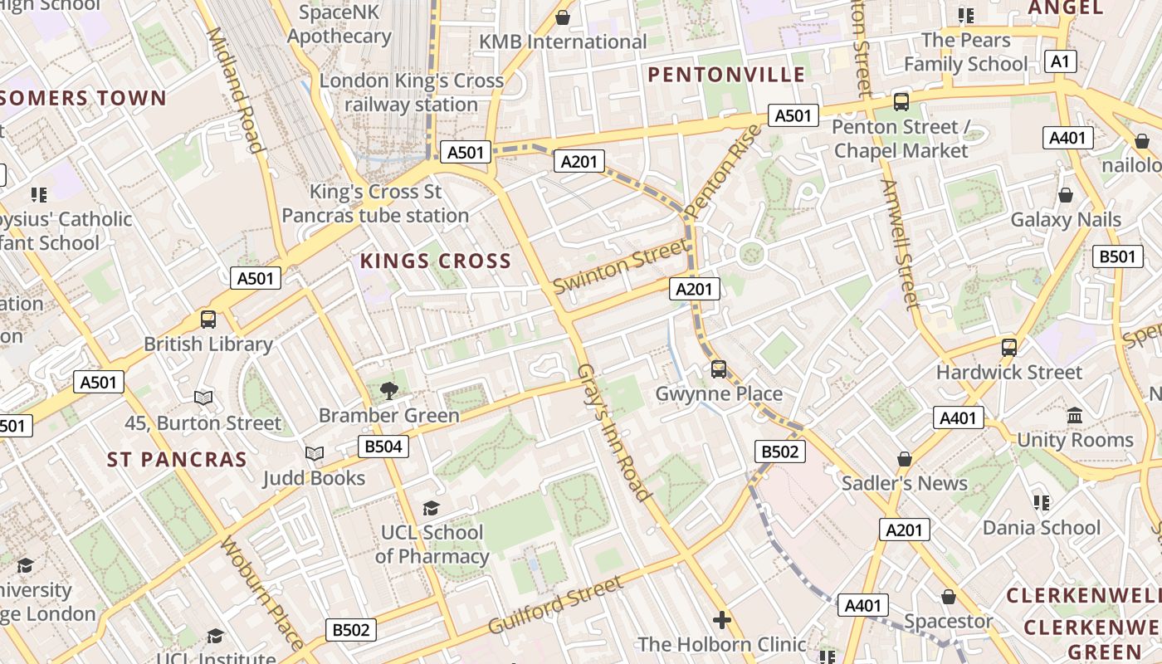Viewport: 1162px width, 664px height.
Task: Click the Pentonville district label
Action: pos(726,75)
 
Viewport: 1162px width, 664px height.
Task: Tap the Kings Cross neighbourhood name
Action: pos(436,261)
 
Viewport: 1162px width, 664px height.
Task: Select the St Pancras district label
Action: pos(177,460)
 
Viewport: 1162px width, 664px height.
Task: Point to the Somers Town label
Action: pos(83,98)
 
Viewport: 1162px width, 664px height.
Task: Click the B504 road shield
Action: pos(383,447)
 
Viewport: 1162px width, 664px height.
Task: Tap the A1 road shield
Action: pos(1062,61)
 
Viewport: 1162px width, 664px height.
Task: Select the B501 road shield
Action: pos(1116,256)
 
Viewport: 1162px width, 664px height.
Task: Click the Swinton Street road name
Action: pos(621,266)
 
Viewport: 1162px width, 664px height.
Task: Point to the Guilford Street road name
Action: pos(555,606)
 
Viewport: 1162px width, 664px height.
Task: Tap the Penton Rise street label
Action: pos(725,171)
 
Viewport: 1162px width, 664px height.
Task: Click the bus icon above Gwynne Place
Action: pos(719,369)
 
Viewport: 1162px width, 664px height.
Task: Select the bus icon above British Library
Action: pos(208,319)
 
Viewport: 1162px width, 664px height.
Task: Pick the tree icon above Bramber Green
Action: pos(388,390)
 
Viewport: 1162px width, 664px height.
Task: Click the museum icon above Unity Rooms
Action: pos(1075,415)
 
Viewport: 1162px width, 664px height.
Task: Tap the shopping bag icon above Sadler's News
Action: pos(905,459)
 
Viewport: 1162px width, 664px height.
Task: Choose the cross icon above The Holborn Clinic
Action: pos(722,620)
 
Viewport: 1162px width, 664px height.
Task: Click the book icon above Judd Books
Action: pos(314,453)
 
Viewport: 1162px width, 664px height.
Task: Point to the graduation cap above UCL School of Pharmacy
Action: pos(431,508)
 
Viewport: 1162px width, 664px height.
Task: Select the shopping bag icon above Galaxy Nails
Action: pos(1066,195)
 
